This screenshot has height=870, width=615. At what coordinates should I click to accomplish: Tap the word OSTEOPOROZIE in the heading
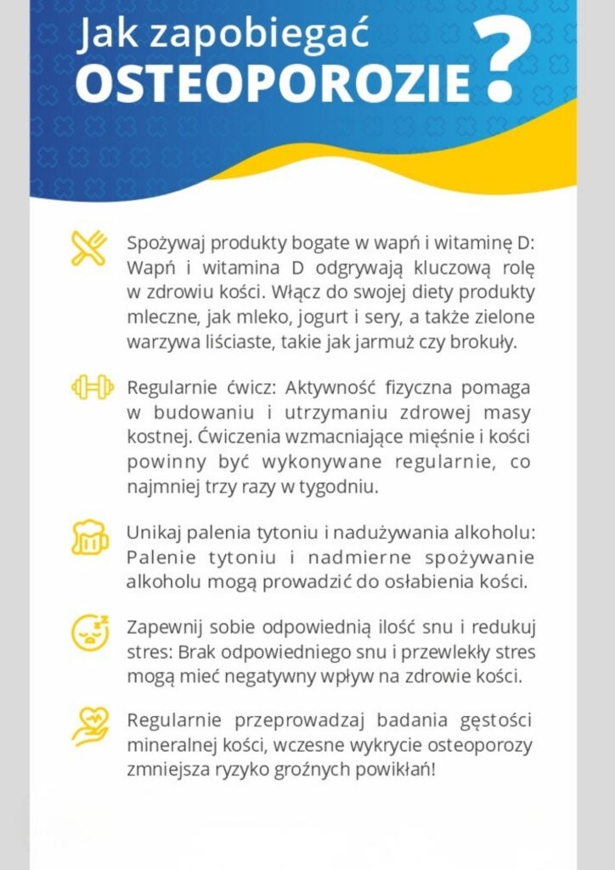273,83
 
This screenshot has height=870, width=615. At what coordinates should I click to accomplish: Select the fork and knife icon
89,247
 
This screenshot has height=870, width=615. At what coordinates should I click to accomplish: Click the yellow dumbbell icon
92,387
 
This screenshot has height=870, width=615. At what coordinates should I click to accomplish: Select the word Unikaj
152,533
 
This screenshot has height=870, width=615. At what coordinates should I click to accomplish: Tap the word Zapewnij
162,628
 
